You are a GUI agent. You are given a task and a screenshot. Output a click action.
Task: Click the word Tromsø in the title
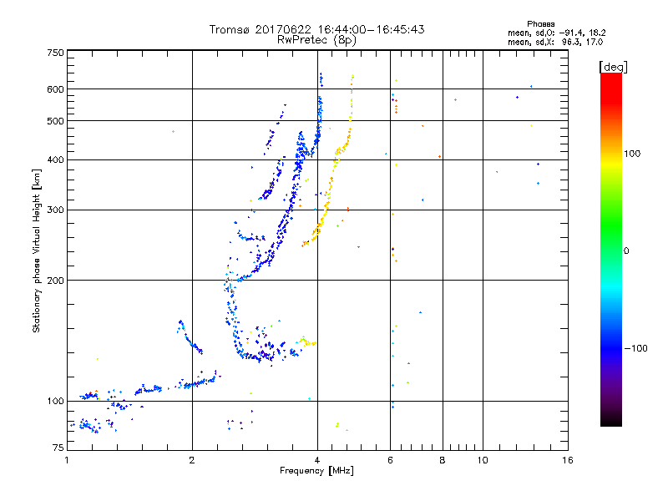[231, 29]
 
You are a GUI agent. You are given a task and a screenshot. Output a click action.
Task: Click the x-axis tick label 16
[567, 461]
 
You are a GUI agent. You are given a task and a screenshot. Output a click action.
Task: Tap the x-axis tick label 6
[390, 461]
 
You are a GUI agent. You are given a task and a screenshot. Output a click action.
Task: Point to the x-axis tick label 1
[67, 461]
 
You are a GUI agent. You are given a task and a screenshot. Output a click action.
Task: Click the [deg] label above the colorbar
[612, 66]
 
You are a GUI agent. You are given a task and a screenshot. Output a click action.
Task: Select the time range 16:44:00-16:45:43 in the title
[377, 29]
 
